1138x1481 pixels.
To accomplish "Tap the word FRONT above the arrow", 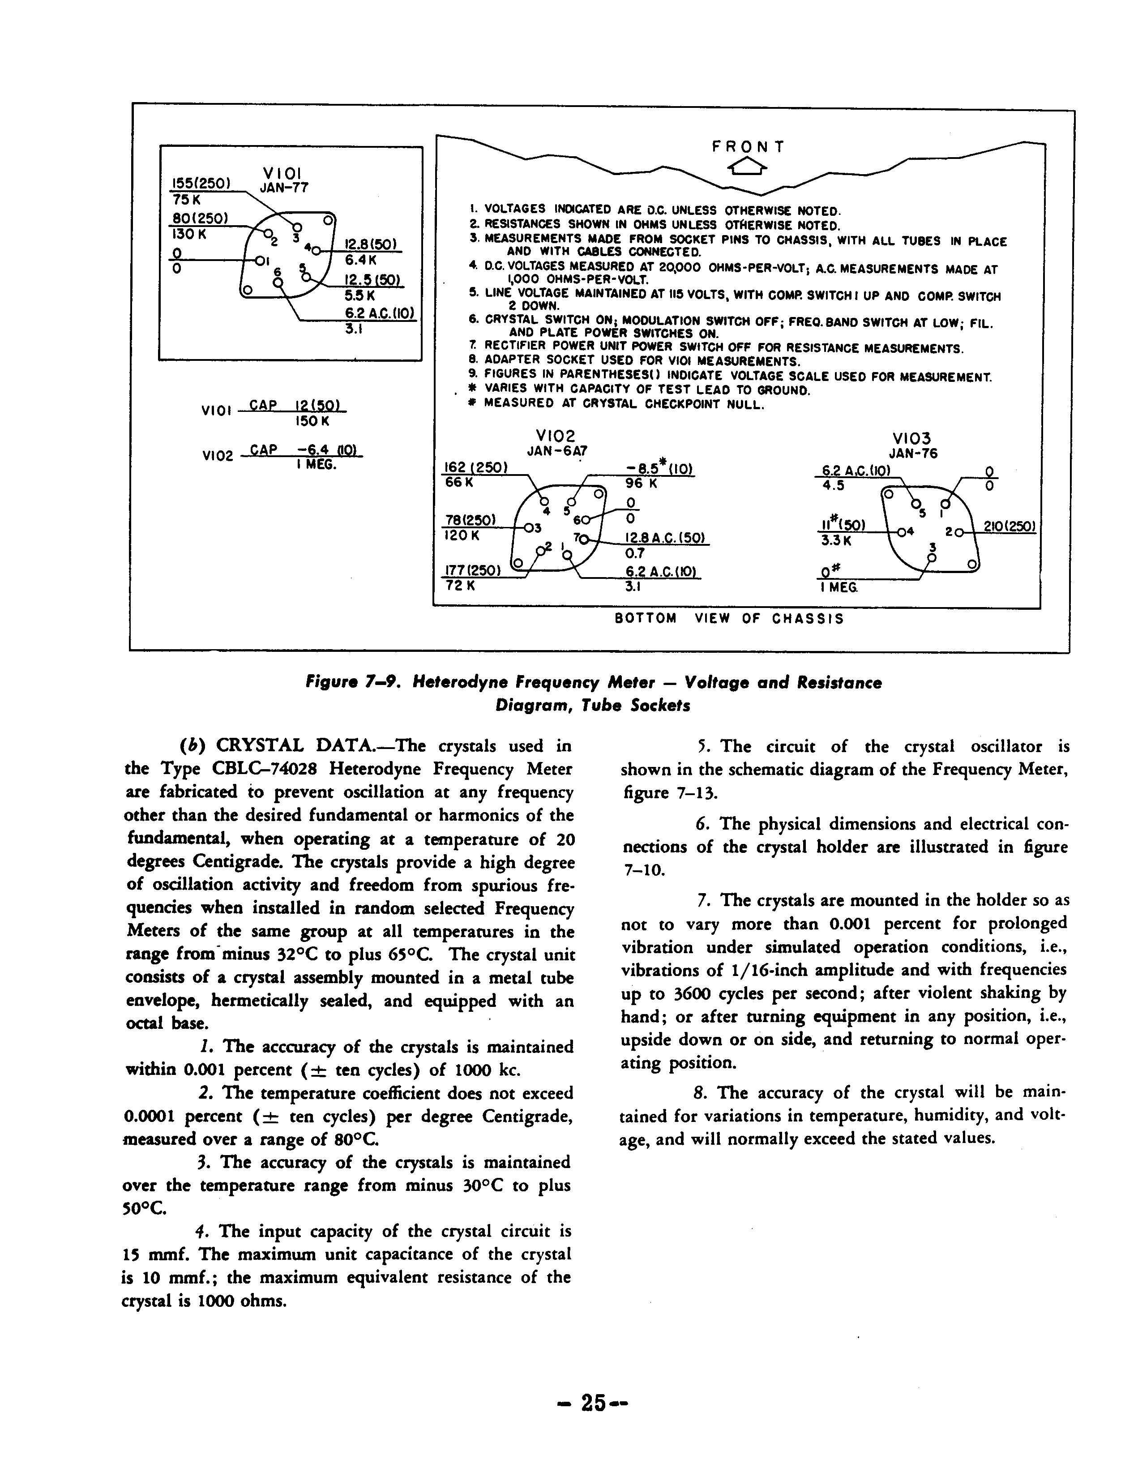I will tap(748, 146).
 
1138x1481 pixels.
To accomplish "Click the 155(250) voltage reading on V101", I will tap(201, 183).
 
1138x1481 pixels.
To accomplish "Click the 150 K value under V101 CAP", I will tap(312, 421).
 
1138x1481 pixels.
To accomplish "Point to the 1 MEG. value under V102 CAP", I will tap(316, 466).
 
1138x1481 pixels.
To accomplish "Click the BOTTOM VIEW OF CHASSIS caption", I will tap(729, 619).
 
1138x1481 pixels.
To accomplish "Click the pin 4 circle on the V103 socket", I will tap(901, 532).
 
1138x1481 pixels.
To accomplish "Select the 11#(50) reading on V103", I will tap(839, 526).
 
